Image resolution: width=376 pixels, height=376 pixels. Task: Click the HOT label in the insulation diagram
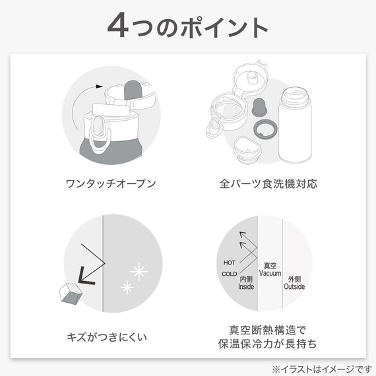click(229, 262)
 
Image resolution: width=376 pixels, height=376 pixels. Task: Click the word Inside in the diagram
click(247, 287)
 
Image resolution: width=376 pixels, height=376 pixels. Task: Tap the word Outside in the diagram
click(294, 287)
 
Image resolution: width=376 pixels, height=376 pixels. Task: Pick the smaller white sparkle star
click(125, 286)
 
